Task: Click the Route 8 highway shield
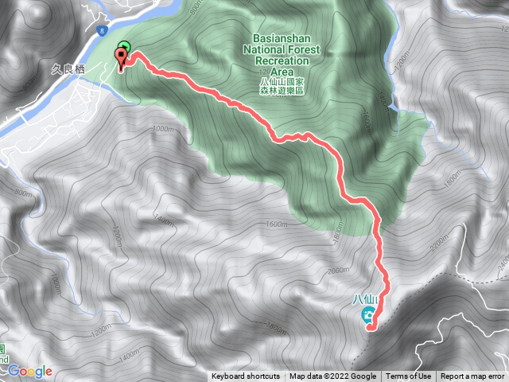tap(103, 31)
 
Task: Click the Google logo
tap(30, 371)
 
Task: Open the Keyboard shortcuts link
tap(246, 376)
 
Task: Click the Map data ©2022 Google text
tap(333, 376)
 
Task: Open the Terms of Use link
tap(409, 376)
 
